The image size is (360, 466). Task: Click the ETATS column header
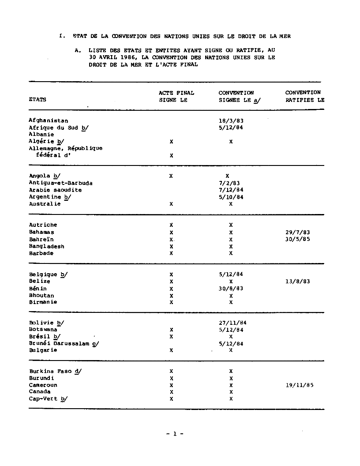[x=37, y=100]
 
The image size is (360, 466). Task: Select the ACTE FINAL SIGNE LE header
[x=176, y=96]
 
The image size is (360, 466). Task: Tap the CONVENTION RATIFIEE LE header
[x=304, y=96]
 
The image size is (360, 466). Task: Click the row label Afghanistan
[x=49, y=120]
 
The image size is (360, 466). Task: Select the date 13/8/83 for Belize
[x=298, y=281]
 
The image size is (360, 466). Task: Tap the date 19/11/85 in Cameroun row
[x=300, y=385]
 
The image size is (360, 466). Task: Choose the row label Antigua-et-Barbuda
[x=61, y=183]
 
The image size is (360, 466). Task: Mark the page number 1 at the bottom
[x=175, y=434]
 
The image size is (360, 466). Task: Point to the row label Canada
[x=40, y=392]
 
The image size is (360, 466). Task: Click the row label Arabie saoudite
[x=55, y=190]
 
